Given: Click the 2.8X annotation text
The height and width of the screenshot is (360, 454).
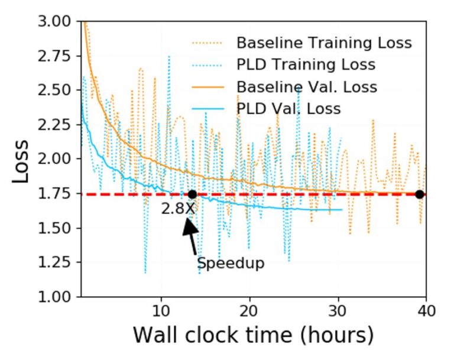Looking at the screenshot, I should coord(178,209).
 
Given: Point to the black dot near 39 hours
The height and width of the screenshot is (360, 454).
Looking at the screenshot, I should coord(419,194).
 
